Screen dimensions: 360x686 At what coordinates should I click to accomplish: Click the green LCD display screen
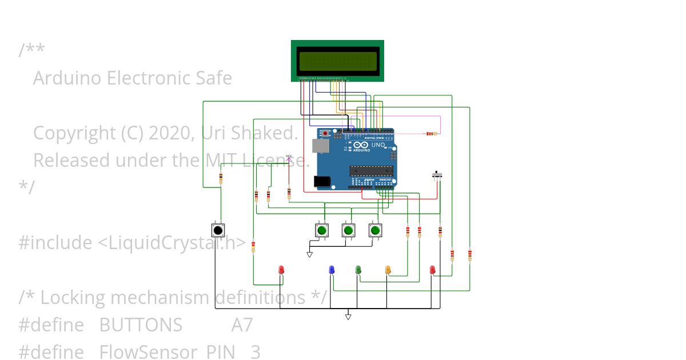pos(337,61)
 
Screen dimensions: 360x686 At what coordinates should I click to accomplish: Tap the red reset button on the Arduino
pos(326,133)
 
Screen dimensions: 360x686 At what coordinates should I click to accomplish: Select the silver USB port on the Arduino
pos(321,146)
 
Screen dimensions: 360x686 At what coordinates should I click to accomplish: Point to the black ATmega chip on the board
pos(371,170)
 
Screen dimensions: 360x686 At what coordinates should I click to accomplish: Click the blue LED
pos(332,270)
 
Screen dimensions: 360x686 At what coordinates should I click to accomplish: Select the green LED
pos(358,270)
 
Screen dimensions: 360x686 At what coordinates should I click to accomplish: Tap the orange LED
pos(388,270)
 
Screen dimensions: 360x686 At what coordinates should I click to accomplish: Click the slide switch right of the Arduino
pos(438,174)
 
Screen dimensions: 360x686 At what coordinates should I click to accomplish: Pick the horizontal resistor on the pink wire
pos(430,134)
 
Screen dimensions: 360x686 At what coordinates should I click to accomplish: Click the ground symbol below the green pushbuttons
pos(309,254)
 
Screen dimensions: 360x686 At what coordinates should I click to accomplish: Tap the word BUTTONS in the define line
pos(141,325)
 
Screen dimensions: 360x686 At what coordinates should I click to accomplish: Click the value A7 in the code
pos(242,325)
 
